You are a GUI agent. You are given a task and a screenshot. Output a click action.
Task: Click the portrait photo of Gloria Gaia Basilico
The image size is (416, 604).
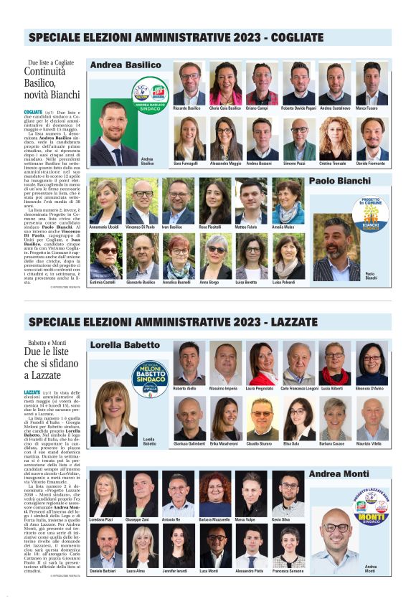point(225,85)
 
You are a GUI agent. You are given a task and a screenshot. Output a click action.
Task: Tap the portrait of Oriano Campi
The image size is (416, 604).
point(262,85)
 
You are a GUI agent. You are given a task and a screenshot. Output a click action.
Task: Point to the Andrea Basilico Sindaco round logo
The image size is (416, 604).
point(150,96)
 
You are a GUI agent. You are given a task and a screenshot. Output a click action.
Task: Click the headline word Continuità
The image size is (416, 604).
point(44,72)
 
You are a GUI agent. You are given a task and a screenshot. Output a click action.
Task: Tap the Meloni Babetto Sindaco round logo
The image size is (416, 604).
point(150,378)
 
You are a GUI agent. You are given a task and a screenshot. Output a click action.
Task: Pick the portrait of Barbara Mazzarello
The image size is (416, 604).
point(214,494)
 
